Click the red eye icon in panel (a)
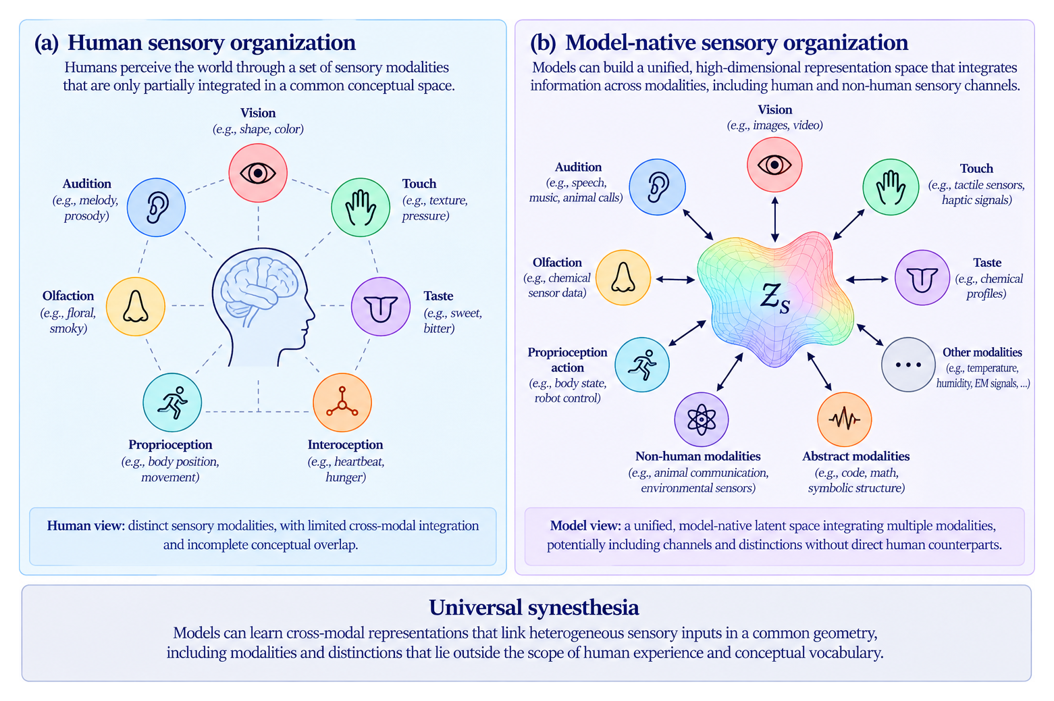(x=258, y=173)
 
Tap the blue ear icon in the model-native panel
(x=658, y=187)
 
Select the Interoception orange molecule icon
(x=342, y=403)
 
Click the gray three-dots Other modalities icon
(x=908, y=365)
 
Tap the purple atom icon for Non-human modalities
(x=702, y=419)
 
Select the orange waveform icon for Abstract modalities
(x=845, y=419)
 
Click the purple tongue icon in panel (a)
(x=381, y=307)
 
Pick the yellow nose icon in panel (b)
(x=623, y=278)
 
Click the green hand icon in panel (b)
(x=891, y=187)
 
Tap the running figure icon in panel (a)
(x=172, y=403)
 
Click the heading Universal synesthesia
(x=533, y=607)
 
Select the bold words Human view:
(x=86, y=525)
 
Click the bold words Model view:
(x=585, y=525)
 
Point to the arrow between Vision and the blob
(x=775, y=219)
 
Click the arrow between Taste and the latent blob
(x=867, y=280)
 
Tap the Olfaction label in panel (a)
(x=68, y=296)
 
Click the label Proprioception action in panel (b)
(x=567, y=360)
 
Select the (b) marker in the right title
(x=543, y=43)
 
